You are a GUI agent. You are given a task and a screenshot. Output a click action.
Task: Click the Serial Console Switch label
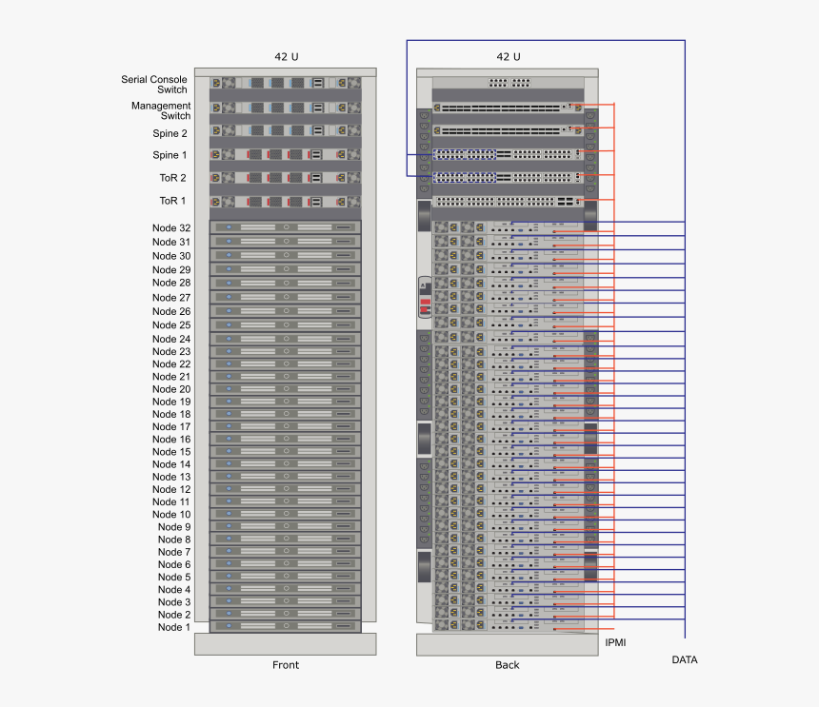point(153,84)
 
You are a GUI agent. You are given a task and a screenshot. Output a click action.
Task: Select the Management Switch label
point(161,110)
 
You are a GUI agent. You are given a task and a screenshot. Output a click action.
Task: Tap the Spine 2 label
point(170,133)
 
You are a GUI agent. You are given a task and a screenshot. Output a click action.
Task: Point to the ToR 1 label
point(172,201)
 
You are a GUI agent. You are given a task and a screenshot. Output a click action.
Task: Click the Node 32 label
point(171,227)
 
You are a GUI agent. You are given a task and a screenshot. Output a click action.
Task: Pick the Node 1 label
point(174,627)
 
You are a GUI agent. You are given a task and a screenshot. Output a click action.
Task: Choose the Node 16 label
point(171,439)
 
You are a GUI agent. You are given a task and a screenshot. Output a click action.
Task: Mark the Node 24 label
point(171,339)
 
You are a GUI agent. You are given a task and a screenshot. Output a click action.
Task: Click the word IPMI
point(615,643)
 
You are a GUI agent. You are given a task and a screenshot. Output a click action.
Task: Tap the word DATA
point(685,659)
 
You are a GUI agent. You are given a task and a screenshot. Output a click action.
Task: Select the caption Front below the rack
point(286,665)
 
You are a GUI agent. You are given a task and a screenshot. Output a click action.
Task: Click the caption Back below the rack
point(508,665)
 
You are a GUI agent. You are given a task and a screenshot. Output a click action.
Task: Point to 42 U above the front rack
point(287,57)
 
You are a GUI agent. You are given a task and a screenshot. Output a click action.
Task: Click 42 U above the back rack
point(509,57)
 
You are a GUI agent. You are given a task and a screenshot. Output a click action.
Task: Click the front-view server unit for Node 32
point(286,227)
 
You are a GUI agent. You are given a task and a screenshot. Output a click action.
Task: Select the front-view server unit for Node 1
point(286,627)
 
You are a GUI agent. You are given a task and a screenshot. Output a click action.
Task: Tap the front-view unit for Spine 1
point(286,154)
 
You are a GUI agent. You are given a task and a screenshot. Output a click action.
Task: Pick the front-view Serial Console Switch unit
point(286,83)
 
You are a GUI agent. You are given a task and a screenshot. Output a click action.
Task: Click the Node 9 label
point(174,526)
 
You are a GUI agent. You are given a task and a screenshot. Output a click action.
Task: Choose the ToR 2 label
point(172,178)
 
